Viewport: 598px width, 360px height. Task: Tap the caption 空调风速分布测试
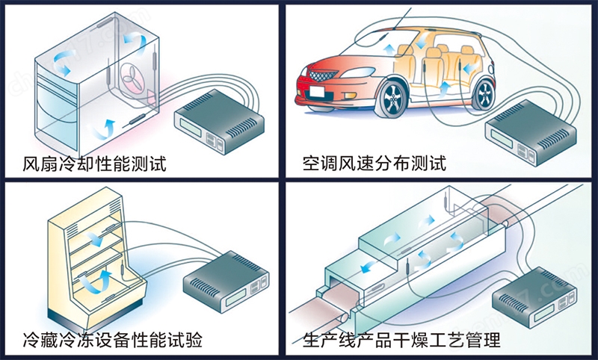tap(374, 164)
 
